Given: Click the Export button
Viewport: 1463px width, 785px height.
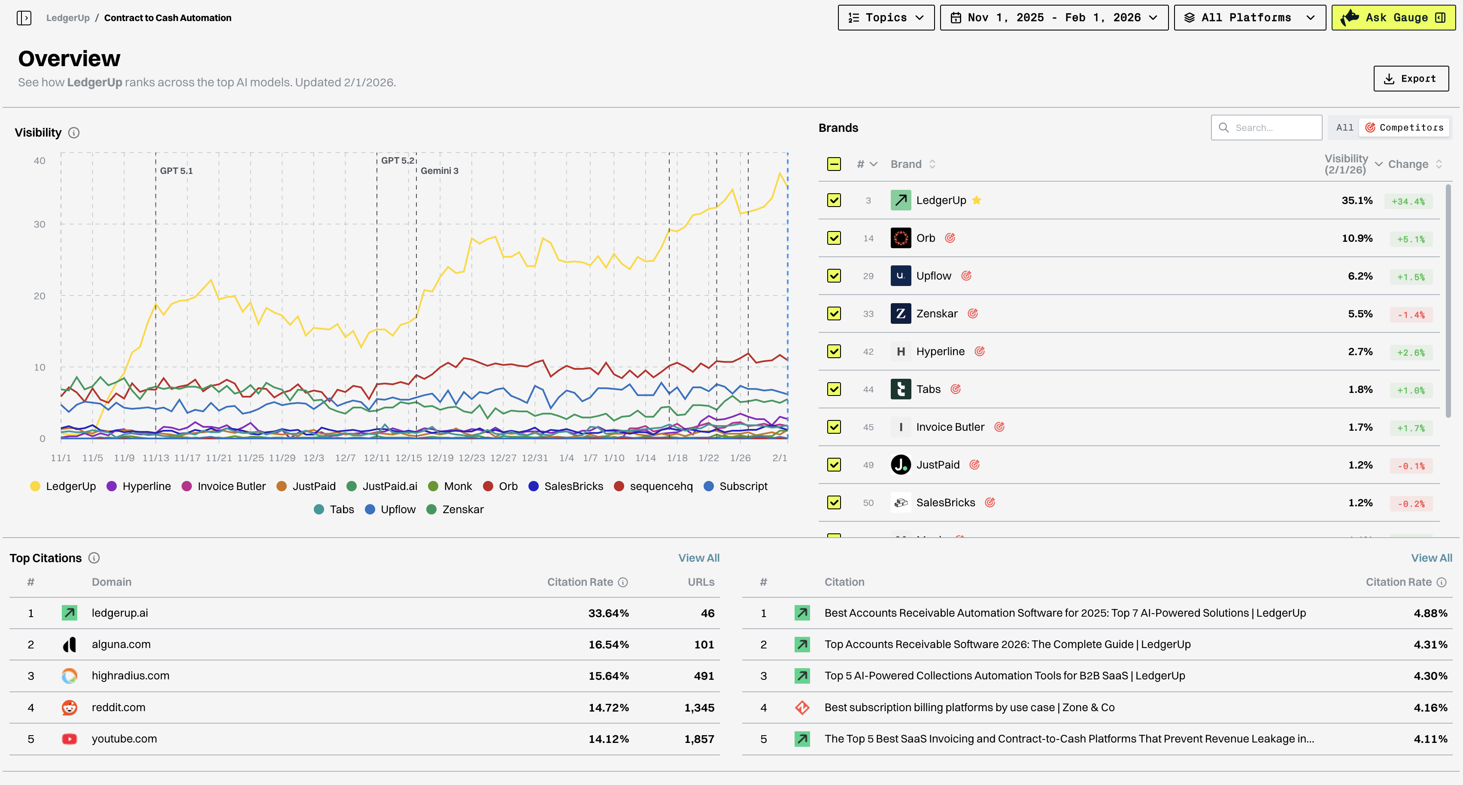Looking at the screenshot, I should click(x=1411, y=79).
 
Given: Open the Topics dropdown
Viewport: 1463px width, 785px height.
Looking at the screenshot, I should click(x=886, y=18).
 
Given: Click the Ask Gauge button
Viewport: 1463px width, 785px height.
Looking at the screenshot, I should click(x=1393, y=18).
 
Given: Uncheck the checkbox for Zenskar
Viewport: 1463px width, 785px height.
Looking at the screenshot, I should click(x=834, y=313).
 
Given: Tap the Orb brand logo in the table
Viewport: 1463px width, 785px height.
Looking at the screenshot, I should click(x=900, y=238).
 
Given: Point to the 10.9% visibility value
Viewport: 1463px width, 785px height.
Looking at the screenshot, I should click(x=1357, y=238).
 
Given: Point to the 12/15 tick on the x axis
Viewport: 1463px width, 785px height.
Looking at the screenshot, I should click(x=408, y=458).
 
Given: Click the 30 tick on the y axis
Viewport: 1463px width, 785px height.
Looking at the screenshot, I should click(x=39, y=224).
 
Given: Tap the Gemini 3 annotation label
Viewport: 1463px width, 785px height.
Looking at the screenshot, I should click(x=439, y=171).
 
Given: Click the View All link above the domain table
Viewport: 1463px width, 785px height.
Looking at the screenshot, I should click(x=698, y=558).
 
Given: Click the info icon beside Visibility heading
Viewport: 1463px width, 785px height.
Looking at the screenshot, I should click(x=74, y=133).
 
